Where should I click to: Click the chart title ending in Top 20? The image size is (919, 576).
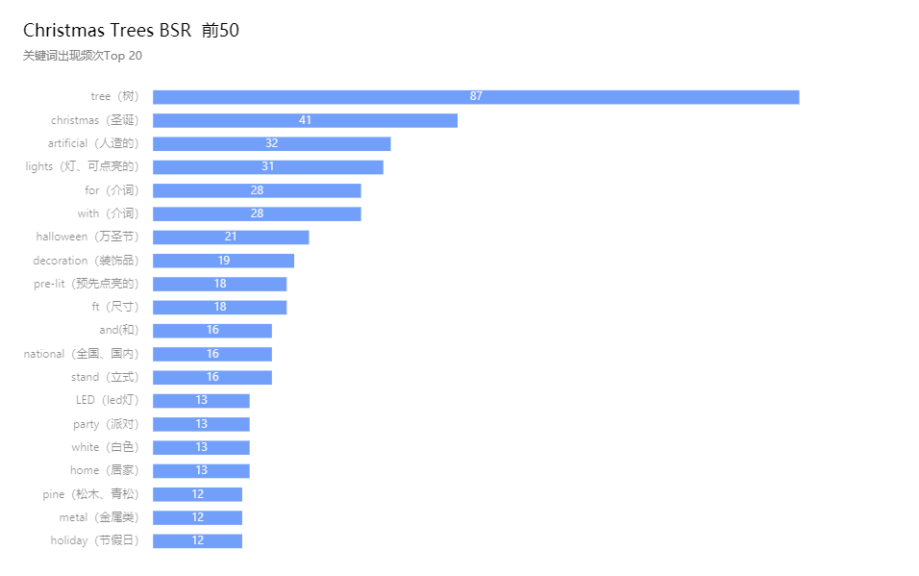click(x=83, y=56)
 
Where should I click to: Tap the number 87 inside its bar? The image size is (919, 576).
click(x=476, y=97)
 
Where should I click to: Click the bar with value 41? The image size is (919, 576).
click(x=385, y=120)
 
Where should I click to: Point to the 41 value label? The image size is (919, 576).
click(x=306, y=120)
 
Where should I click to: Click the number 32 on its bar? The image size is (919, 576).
click(x=272, y=143)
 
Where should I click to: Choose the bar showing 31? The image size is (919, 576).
click(x=327, y=167)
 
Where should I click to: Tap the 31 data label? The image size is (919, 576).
click(x=268, y=166)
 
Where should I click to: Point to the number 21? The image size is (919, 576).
click(x=231, y=237)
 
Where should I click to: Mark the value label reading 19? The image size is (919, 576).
click(x=224, y=261)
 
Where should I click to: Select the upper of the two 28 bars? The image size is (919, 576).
click(x=308, y=190)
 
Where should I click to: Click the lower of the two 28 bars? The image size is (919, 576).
click(x=308, y=213)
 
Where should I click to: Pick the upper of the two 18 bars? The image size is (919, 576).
click(x=250, y=284)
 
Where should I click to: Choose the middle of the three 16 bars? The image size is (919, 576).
click(x=240, y=354)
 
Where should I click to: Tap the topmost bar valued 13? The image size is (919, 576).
click(x=226, y=401)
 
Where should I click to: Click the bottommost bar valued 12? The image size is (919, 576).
click(x=221, y=541)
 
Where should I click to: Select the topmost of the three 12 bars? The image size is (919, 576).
click(x=221, y=494)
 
